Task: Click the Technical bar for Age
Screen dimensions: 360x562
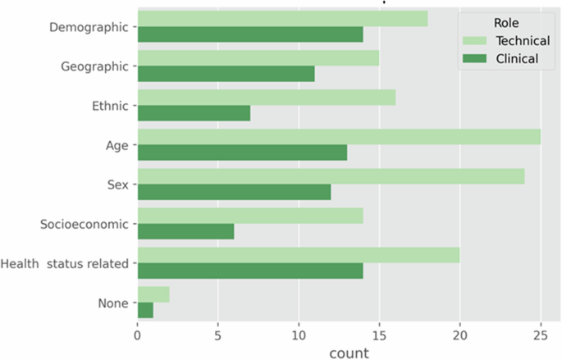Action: point(339,137)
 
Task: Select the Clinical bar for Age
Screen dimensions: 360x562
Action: point(242,153)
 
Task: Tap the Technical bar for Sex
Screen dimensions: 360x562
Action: point(331,176)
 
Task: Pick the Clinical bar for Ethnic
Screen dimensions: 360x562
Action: point(194,113)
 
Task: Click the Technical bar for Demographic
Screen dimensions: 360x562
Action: point(282,19)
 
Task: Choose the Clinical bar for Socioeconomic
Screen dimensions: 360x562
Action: point(185,231)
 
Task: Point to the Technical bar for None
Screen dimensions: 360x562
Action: point(153,294)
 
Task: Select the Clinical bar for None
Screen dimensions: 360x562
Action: point(145,310)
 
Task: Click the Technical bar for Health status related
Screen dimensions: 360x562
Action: point(299,255)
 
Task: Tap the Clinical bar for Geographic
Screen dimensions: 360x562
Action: point(226,74)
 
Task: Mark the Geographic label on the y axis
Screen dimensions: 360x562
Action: point(96,66)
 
